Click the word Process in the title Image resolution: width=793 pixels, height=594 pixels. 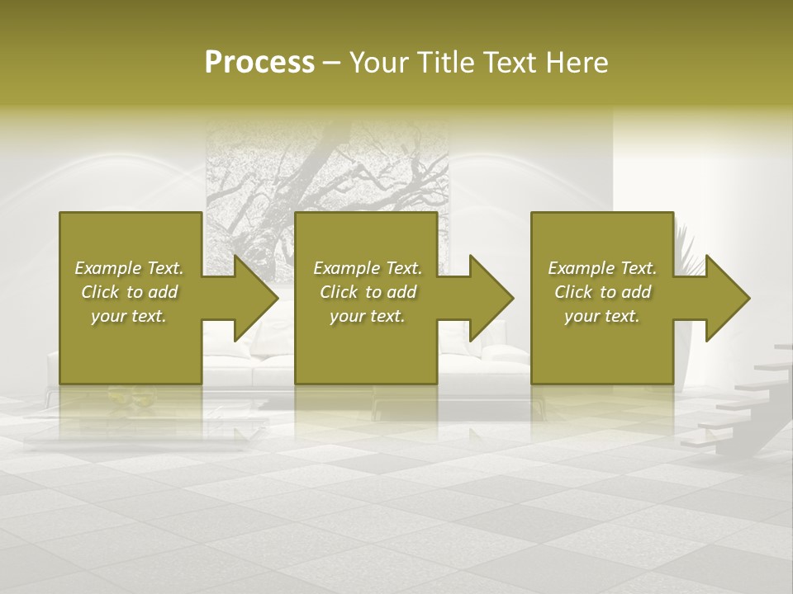coord(259,63)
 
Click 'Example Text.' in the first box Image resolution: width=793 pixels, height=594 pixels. coord(129,268)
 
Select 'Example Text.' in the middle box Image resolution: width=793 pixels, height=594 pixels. coord(368,268)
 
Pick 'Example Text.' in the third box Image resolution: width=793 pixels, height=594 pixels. coord(602,268)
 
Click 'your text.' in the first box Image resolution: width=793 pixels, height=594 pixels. coord(129,316)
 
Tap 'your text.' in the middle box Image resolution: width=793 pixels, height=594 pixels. coord(368,316)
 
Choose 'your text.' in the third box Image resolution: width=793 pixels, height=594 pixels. coord(602,316)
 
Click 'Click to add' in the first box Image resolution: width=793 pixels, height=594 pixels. coord(129,292)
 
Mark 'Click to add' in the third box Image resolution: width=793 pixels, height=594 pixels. coord(602,292)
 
